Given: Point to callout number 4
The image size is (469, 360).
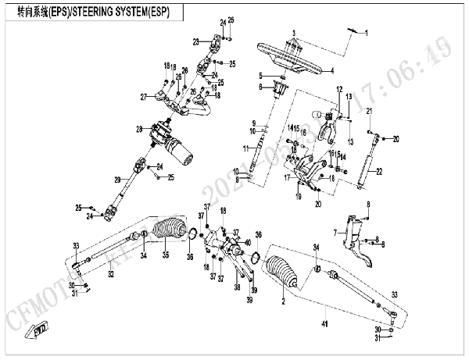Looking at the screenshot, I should [x=331, y=71].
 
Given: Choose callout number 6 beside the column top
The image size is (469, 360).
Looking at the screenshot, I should [x=263, y=87].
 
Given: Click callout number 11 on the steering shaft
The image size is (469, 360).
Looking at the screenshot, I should [x=245, y=148].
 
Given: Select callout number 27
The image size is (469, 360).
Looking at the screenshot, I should [x=144, y=97].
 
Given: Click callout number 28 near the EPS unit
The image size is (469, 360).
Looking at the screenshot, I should [x=138, y=129].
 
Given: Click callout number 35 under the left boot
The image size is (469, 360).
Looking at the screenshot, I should [x=165, y=255].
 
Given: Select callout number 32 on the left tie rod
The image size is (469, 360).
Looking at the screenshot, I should [x=110, y=274].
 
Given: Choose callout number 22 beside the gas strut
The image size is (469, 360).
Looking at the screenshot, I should [x=379, y=171].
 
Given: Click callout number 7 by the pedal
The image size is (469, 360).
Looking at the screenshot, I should [x=334, y=232].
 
